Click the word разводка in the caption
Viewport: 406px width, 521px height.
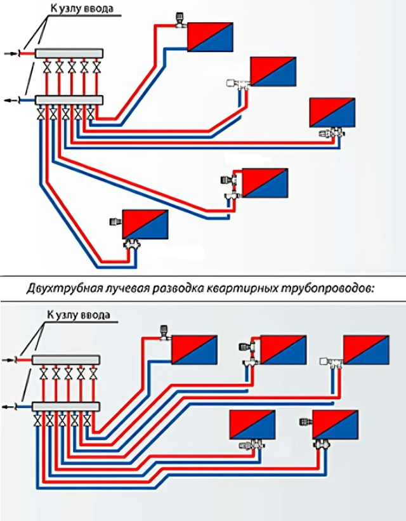(x=176, y=288)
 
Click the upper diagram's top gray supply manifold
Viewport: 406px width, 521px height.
(x=69, y=53)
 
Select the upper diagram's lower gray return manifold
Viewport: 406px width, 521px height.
(x=69, y=100)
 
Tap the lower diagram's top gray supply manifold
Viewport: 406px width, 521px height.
(x=66, y=360)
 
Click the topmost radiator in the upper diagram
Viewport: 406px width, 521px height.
(x=210, y=37)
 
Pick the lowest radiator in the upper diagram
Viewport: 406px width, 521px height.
(x=145, y=224)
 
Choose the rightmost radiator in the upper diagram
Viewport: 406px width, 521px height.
(x=332, y=112)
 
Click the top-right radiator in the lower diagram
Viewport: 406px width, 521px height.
(x=366, y=350)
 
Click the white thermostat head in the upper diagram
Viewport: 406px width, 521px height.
(x=230, y=83)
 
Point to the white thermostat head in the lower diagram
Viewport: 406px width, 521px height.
(x=324, y=362)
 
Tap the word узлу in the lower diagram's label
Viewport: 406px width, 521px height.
(x=67, y=315)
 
